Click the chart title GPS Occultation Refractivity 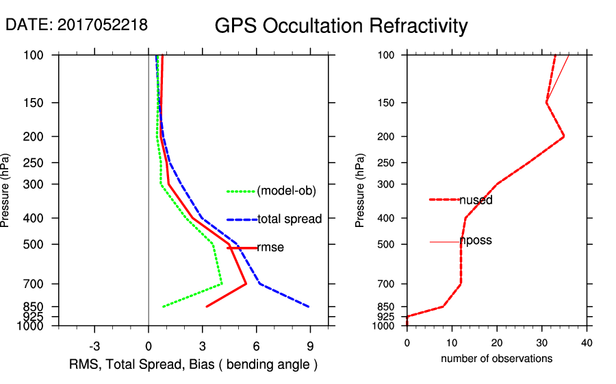pyautogui.click(x=341, y=26)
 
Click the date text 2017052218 pyautogui.click(x=102, y=25)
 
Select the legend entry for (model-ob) pyautogui.click(x=286, y=191)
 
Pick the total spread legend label pyautogui.click(x=290, y=219)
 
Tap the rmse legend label pyautogui.click(x=270, y=248)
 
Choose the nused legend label pyautogui.click(x=476, y=200)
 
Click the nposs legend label pyautogui.click(x=476, y=241)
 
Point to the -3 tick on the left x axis pyautogui.click(x=94, y=346)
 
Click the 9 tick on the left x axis pyautogui.click(x=310, y=346)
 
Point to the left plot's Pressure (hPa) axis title pyautogui.click(x=8, y=191)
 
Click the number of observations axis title pyautogui.click(x=496, y=359)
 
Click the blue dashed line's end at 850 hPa pyautogui.click(x=309, y=307)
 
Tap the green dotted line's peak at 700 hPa pyautogui.click(x=222, y=283)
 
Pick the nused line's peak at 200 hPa pyautogui.click(x=563, y=136)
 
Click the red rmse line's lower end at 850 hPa pyautogui.click(x=206, y=307)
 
